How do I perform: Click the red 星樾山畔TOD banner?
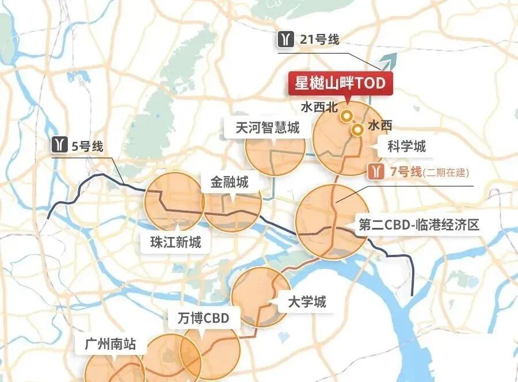[x=336, y=83]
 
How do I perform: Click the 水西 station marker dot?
[x=357, y=130]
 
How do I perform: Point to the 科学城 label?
[x=406, y=146]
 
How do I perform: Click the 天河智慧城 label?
[x=268, y=128]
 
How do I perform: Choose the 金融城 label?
[x=229, y=182]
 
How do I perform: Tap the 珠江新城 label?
[x=172, y=242]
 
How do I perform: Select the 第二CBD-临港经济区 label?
[x=418, y=224]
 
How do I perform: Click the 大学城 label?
[x=307, y=301]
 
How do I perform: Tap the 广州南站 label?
[x=110, y=344]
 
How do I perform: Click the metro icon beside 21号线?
[x=285, y=40]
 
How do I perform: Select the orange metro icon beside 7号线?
[x=377, y=171]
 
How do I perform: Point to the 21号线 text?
[x=319, y=40]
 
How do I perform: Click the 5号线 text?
[x=87, y=146]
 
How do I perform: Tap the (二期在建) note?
[x=445, y=172]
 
